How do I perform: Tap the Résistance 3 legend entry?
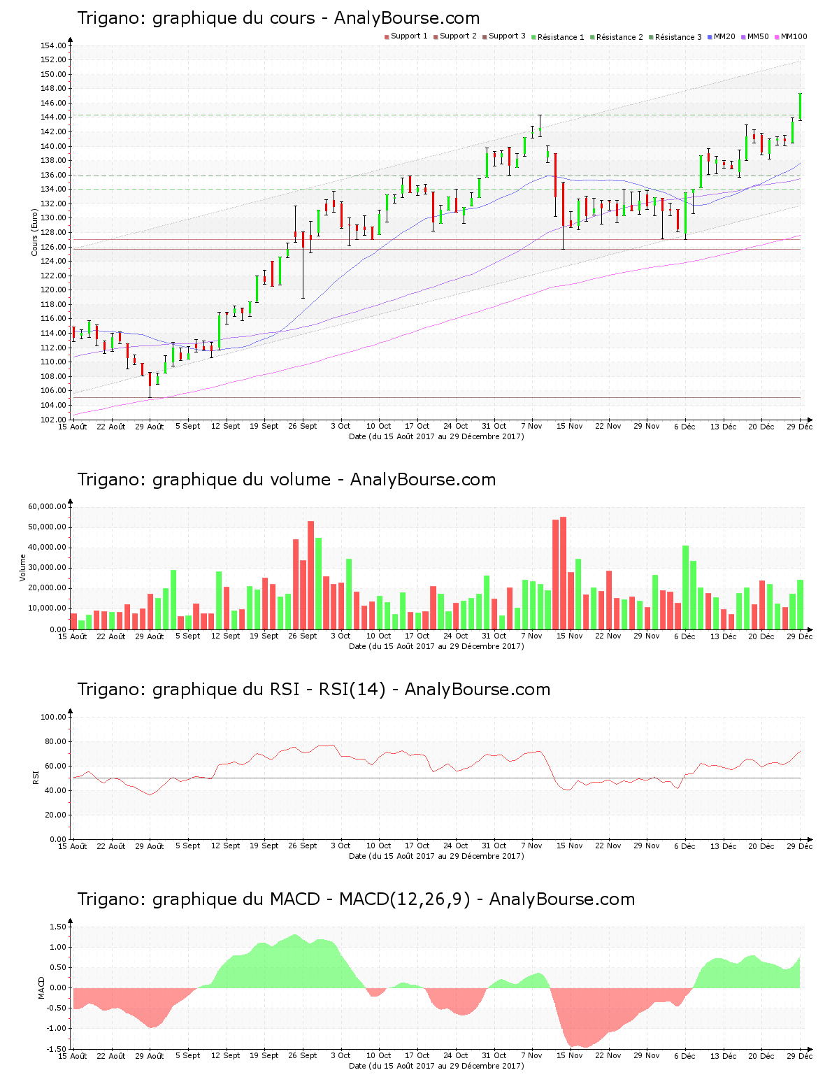click(x=677, y=37)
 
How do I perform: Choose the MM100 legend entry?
click(x=793, y=36)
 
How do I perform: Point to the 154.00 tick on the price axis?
click(x=54, y=45)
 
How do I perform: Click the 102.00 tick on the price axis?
click(x=54, y=420)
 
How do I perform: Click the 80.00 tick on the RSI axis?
click(x=54, y=741)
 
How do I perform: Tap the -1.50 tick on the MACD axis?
click(x=57, y=1049)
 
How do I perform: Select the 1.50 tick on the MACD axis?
click(x=58, y=927)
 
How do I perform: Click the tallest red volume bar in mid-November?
click(x=563, y=573)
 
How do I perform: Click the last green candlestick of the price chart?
click(x=800, y=107)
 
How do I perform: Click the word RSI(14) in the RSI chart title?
click(x=352, y=690)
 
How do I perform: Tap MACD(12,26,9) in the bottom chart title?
click(x=404, y=899)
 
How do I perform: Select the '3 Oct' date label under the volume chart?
click(x=340, y=636)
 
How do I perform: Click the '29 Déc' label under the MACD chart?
click(x=800, y=1055)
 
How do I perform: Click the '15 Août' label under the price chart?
click(x=73, y=426)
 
